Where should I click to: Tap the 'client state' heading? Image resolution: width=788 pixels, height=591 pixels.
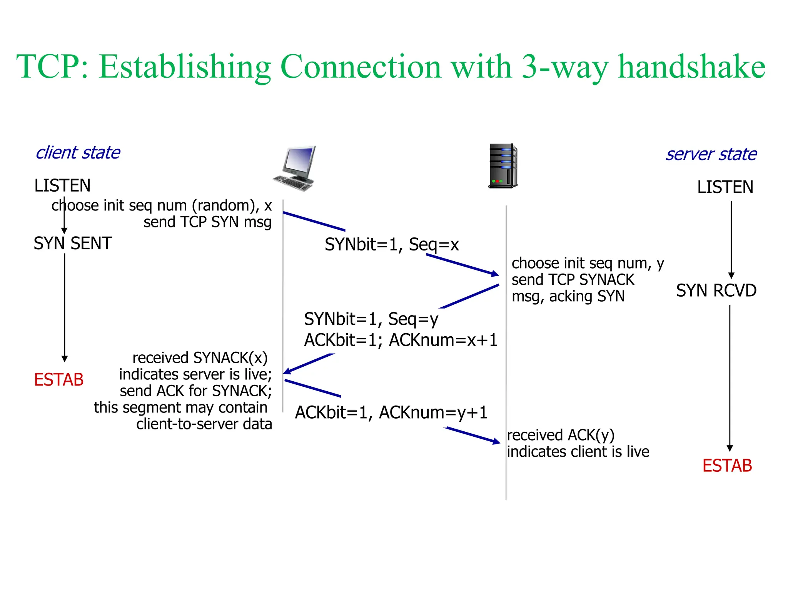[78, 153]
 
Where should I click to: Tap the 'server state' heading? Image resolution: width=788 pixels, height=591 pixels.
[711, 154]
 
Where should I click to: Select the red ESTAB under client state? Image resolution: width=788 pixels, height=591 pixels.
[59, 380]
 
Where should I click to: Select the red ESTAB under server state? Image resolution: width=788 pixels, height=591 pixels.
[727, 466]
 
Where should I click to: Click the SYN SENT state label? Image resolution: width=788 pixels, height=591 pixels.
[72, 243]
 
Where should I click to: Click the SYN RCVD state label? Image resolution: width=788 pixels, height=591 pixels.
[716, 290]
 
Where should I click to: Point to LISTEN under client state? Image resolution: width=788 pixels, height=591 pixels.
[62, 185]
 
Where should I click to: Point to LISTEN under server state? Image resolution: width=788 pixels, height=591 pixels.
[725, 187]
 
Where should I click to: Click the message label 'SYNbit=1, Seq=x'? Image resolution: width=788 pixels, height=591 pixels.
[392, 244]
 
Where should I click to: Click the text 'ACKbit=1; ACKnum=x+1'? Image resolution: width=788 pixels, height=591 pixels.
[401, 340]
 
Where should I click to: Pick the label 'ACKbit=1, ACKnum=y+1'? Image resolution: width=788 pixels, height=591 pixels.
[391, 412]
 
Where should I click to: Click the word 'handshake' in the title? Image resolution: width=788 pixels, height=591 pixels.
[691, 67]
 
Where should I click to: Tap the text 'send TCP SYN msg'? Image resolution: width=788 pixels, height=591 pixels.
[207, 222]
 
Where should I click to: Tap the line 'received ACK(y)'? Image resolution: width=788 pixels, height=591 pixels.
[561, 435]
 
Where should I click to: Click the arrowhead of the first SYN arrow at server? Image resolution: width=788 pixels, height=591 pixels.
[495, 274]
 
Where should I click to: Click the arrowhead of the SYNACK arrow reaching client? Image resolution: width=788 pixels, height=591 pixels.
[287, 371]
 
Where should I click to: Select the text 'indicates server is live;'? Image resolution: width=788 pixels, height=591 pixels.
[195, 374]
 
